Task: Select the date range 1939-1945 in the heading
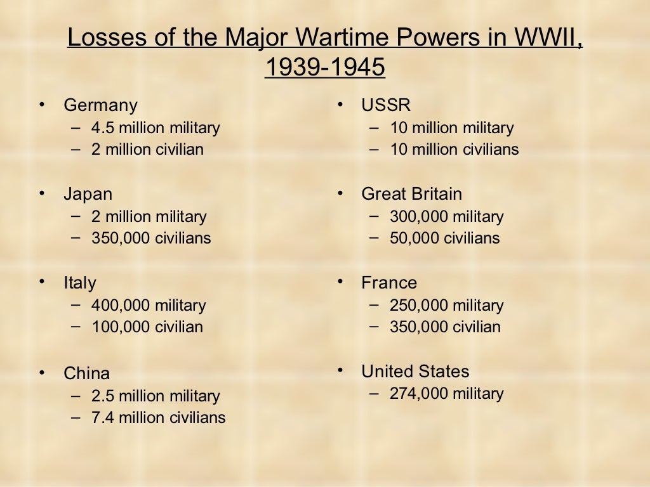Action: (324, 68)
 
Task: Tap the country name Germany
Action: (100, 105)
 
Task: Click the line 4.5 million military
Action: (156, 128)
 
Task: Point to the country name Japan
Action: (88, 194)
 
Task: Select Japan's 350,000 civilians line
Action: (151, 238)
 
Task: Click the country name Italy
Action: (80, 283)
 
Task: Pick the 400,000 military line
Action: (149, 306)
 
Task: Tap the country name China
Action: (86, 373)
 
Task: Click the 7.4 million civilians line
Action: (158, 418)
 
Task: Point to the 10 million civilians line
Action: (454, 150)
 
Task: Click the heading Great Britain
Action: (411, 194)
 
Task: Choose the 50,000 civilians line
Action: (444, 238)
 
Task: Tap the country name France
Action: (389, 283)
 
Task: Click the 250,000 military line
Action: (446, 306)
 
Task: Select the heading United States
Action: (415, 372)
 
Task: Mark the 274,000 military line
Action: (446, 394)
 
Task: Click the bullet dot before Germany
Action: (43, 103)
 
